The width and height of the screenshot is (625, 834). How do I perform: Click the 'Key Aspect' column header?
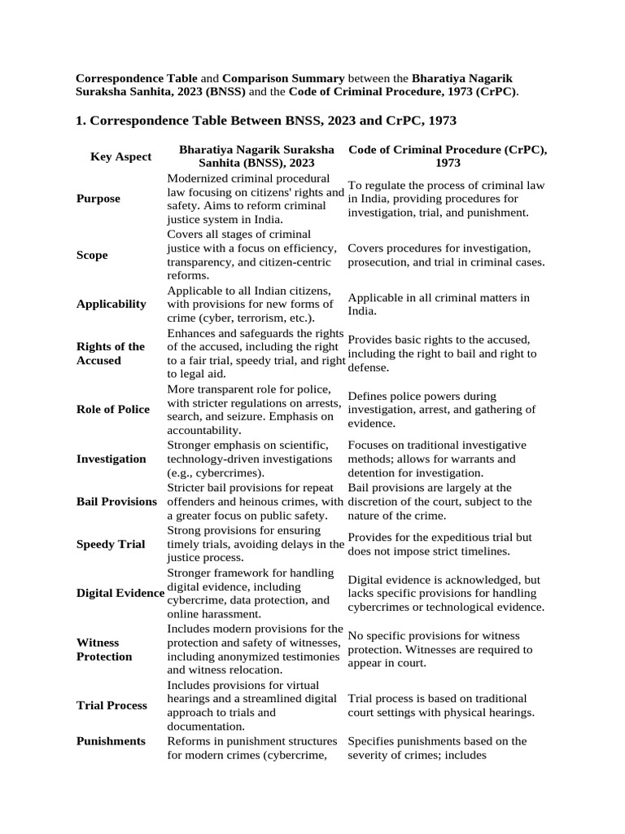click(120, 156)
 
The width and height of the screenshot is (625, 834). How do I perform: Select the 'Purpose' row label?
click(98, 199)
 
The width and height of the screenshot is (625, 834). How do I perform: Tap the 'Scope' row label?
click(92, 255)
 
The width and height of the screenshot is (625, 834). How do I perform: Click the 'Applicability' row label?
click(111, 304)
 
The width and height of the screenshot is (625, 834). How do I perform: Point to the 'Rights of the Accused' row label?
click(111, 353)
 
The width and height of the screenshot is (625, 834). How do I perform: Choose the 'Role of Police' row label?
click(113, 409)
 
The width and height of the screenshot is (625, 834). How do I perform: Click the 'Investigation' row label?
click(111, 459)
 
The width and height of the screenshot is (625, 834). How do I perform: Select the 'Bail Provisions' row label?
click(116, 501)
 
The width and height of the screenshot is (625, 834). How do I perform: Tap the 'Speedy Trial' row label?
click(111, 544)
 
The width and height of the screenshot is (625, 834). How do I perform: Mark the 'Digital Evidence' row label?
click(120, 593)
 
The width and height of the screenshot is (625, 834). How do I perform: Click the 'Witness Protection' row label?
click(104, 649)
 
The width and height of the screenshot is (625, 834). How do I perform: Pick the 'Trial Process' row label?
click(111, 705)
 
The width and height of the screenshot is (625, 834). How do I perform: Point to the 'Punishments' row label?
click(111, 741)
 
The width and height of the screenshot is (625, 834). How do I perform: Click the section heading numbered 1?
click(266, 121)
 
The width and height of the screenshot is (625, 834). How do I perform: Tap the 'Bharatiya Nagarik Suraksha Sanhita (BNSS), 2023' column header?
click(256, 156)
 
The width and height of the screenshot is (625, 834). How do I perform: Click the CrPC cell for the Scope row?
click(446, 255)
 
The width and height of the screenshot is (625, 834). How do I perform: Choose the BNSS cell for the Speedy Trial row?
click(256, 544)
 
